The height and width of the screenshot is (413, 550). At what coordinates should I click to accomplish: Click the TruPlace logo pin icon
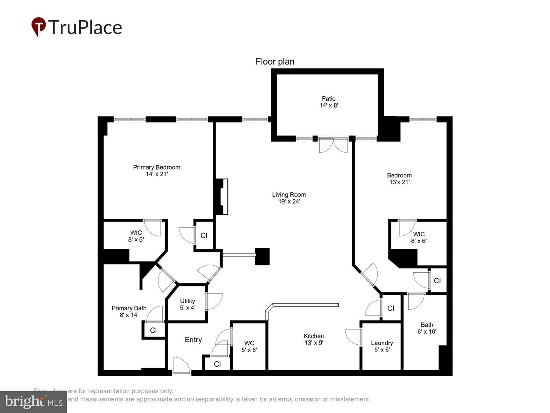click(x=38, y=27)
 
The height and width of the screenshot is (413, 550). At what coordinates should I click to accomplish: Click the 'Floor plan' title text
click(x=275, y=62)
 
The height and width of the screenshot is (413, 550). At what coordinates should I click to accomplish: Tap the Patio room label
click(x=328, y=102)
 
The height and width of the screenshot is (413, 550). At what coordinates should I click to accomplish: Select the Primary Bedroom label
click(x=157, y=171)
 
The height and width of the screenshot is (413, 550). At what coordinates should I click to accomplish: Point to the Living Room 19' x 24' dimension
click(x=289, y=201)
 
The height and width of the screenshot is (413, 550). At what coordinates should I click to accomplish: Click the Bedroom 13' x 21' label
click(x=399, y=179)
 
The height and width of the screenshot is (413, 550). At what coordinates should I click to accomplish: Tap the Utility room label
click(x=188, y=304)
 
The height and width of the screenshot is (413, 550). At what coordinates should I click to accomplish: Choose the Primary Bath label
click(x=129, y=311)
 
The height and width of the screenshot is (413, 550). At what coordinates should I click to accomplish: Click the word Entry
click(x=193, y=340)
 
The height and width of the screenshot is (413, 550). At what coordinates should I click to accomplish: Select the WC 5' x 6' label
click(x=249, y=346)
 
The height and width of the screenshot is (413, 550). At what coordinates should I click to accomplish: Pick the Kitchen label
click(x=314, y=339)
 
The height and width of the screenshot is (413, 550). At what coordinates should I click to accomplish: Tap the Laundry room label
click(x=382, y=346)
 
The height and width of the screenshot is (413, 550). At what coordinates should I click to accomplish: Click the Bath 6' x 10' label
click(x=427, y=328)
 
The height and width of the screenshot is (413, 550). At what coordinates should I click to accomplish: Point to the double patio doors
click(x=333, y=145)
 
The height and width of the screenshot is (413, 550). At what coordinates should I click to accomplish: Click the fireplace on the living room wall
click(x=222, y=197)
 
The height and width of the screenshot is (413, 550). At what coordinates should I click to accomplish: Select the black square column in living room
click(x=262, y=256)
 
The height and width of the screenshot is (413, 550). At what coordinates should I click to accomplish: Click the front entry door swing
click(x=181, y=365)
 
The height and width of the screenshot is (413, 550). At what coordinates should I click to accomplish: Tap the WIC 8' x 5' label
click(x=136, y=236)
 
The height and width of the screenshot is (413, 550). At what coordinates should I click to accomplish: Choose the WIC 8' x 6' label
click(x=419, y=237)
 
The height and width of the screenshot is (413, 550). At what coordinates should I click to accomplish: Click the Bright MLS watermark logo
click(x=34, y=402)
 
